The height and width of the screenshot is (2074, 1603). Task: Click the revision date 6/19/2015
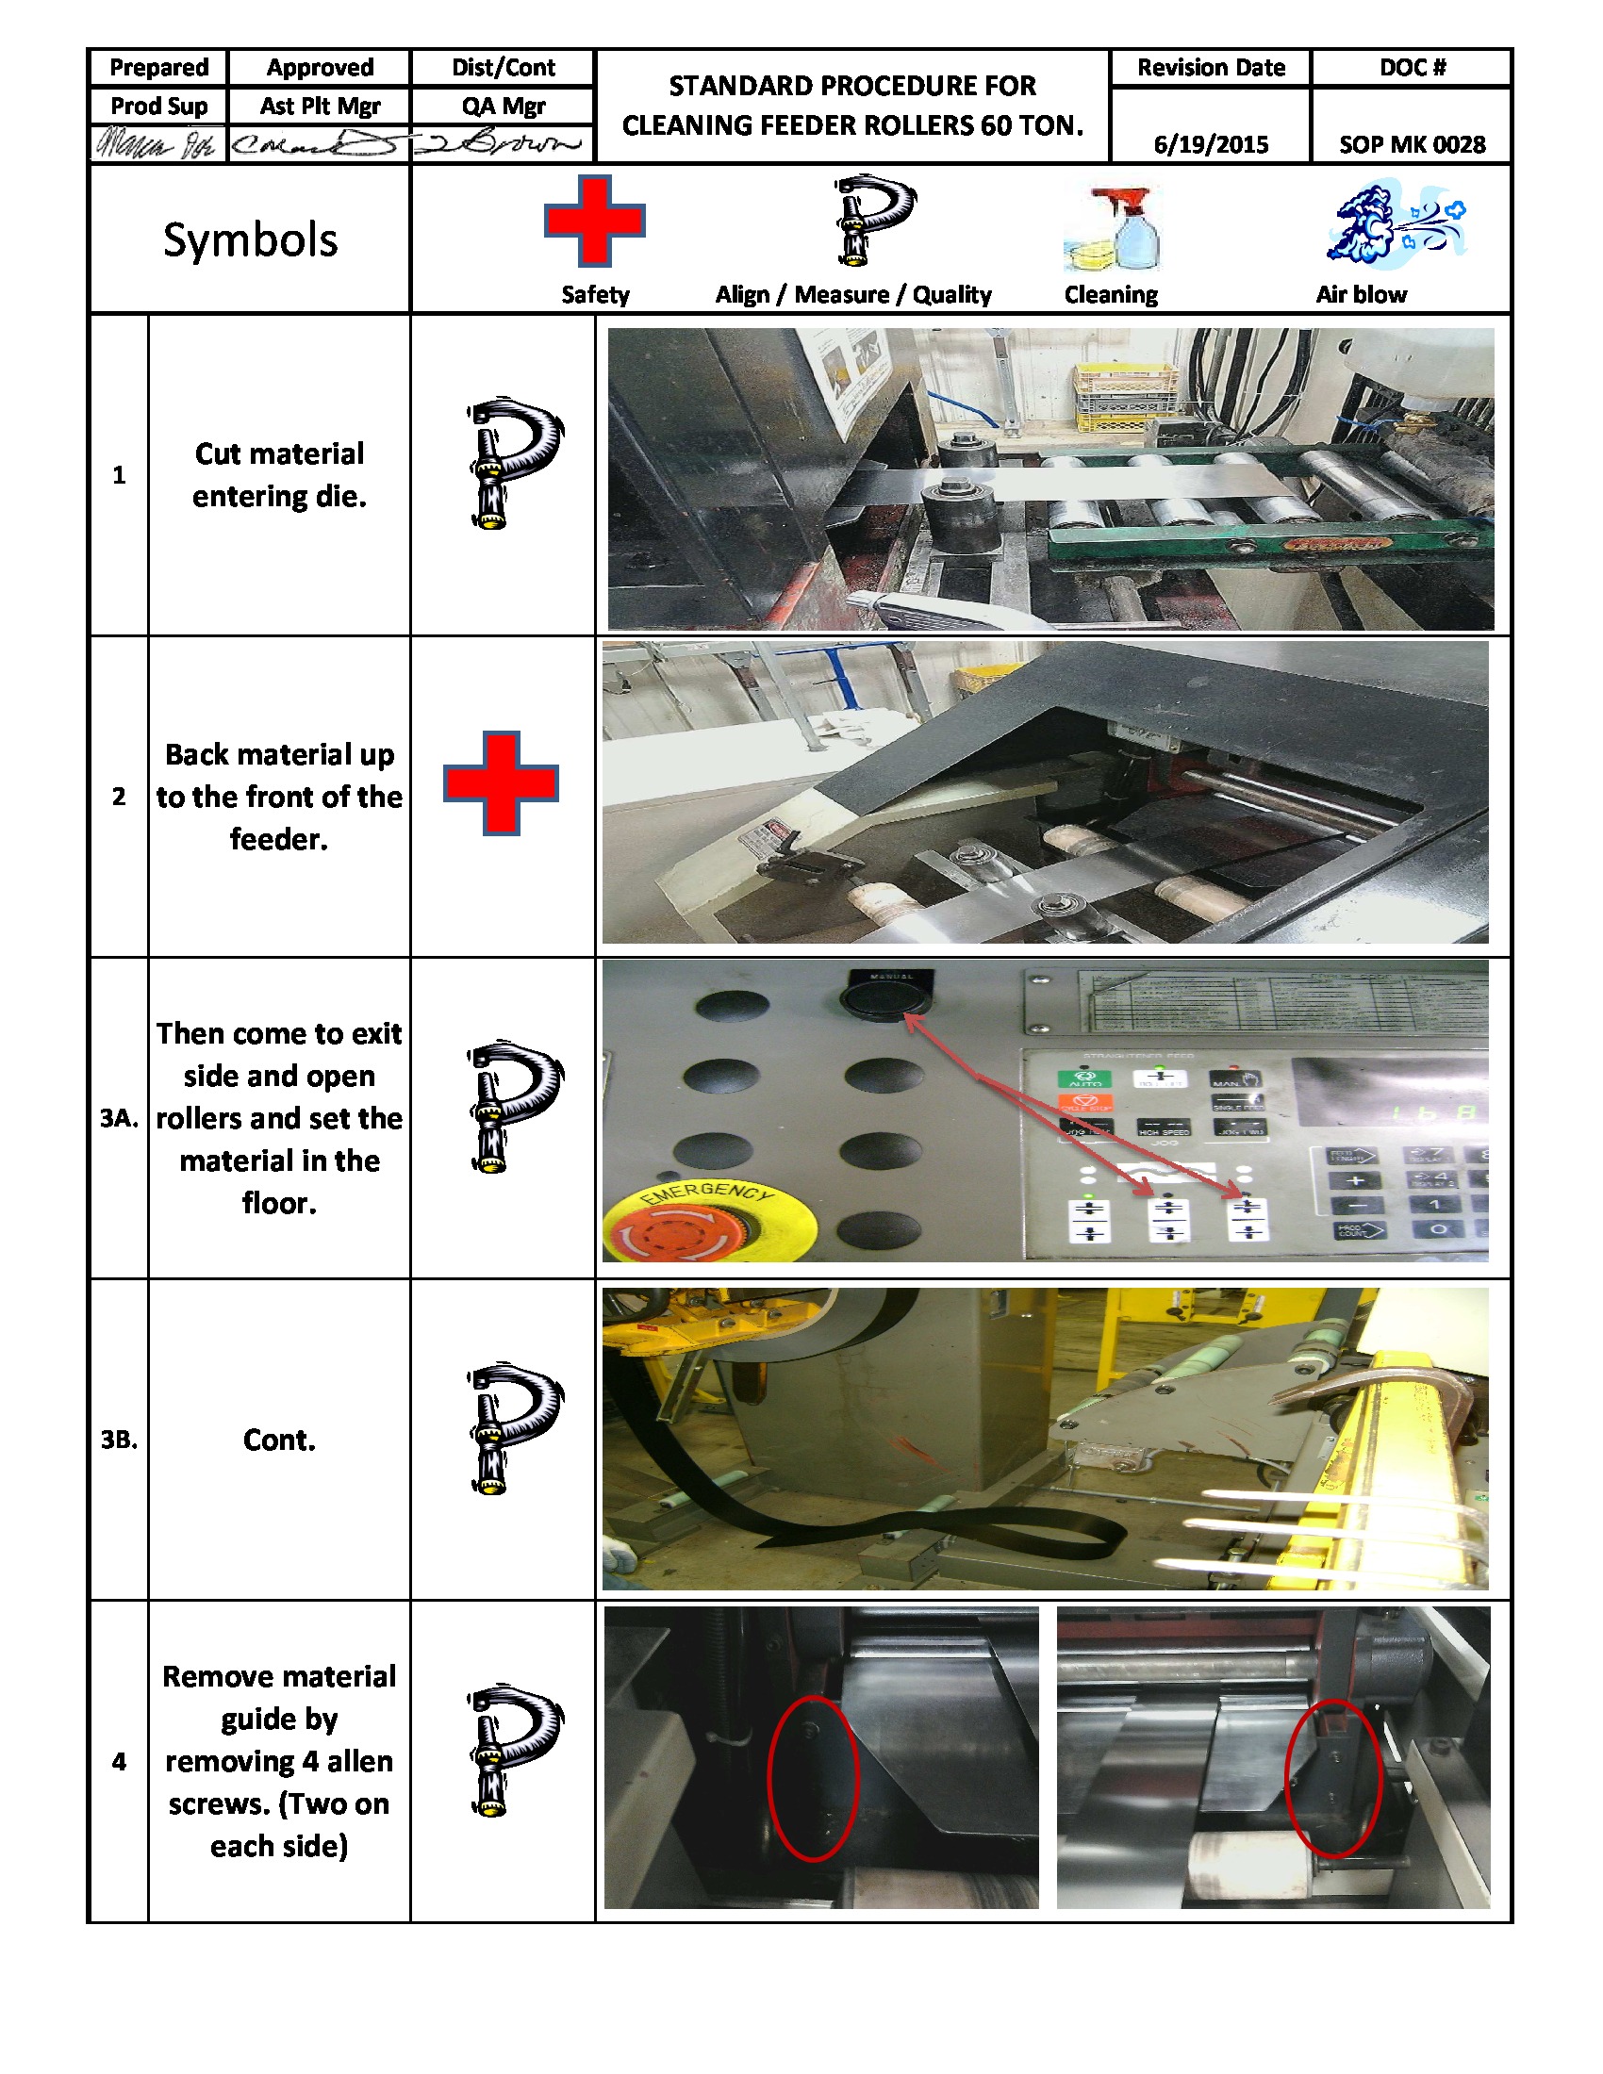(1210, 144)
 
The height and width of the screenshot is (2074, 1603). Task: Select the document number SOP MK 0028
(1412, 144)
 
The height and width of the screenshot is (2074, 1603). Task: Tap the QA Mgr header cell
(503, 106)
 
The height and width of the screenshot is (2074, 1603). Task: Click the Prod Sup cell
(158, 106)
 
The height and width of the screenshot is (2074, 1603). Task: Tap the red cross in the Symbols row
(594, 221)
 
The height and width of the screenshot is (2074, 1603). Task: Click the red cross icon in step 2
(501, 782)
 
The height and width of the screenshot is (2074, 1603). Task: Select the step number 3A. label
(119, 1118)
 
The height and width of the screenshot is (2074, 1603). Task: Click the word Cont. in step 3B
(278, 1440)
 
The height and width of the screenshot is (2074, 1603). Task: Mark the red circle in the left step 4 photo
(813, 1777)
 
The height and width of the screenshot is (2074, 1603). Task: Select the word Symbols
(250, 239)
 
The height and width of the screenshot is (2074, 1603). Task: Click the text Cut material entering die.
(279, 474)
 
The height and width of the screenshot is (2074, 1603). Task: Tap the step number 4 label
(119, 1762)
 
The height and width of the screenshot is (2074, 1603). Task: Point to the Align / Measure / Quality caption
(852, 294)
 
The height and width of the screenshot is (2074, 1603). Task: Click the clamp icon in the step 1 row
(513, 463)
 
